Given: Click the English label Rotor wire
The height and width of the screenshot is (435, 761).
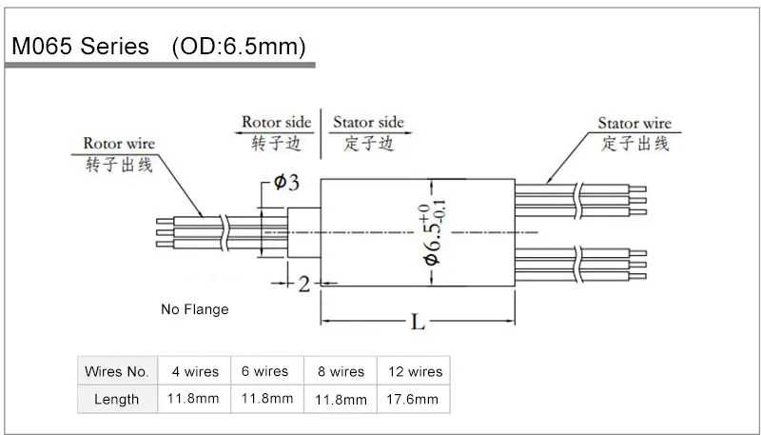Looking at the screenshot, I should click(x=119, y=144).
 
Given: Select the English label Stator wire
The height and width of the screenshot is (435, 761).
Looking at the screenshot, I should click(x=634, y=124).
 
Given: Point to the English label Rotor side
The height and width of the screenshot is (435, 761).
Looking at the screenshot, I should click(x=276, y=123).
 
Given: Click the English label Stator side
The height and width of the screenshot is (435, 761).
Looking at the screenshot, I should click(x=367, y=123).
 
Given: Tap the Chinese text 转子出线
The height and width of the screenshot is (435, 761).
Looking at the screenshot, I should click(x=119, y=163).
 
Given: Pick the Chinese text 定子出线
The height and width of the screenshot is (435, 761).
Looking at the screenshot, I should click(x=635, y=144).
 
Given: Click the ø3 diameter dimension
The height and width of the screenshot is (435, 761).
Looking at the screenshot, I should click(x=286, y=184).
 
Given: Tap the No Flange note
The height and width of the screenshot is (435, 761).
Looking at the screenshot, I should click(x=195, y=309).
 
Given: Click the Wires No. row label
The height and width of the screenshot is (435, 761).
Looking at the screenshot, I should click(x=117, y=371).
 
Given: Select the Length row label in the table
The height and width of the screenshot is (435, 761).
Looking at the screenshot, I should click(x=117, y=399).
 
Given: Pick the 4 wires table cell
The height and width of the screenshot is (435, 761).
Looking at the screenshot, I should click(x=194, y=371).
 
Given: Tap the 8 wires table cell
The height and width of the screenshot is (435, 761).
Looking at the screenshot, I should click(x=341, y=372).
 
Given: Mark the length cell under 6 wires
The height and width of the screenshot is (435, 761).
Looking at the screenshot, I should click(x=267, y=399).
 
